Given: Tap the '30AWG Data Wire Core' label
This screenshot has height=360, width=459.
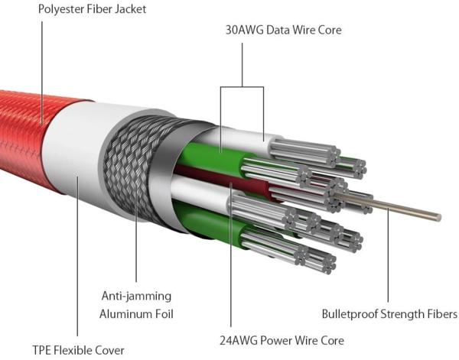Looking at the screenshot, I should [x=283, y=31].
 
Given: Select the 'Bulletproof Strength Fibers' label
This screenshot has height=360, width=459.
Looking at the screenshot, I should [x=389, y=314].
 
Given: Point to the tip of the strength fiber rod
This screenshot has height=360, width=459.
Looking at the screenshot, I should [x=438, y=218].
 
